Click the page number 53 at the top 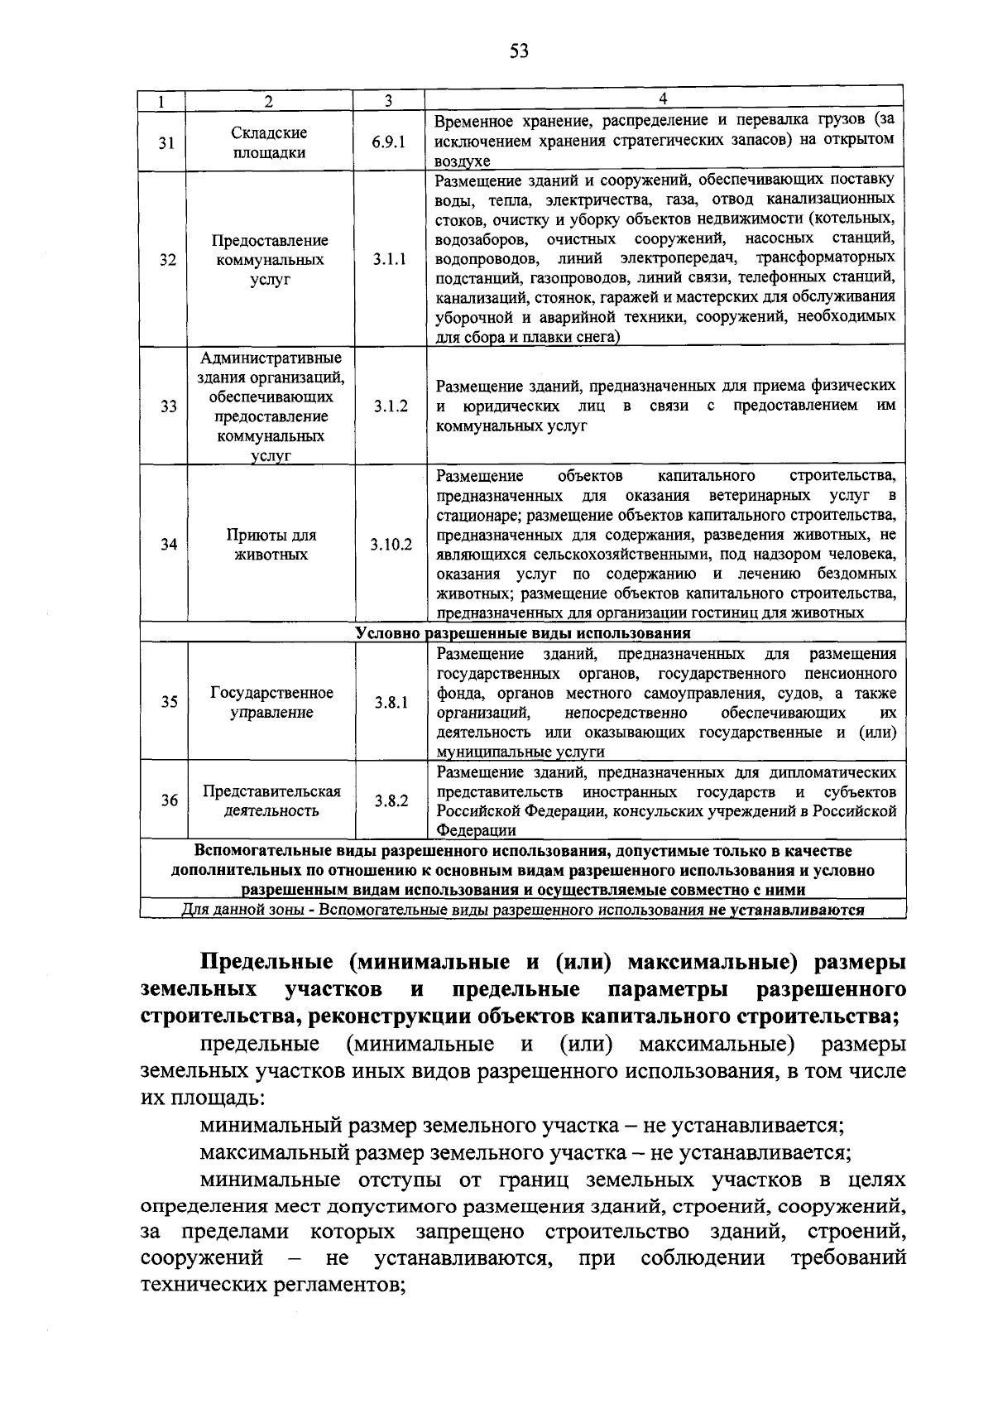(519, 51)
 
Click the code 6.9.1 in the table (389, 142)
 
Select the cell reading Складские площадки (268, 142)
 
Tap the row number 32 (168, 260)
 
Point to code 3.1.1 (389, 260)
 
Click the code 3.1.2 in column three (390, 406)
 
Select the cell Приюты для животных (271, 545)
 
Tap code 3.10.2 (391, 545)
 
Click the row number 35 (169, 702)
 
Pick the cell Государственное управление (271, 702)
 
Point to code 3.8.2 (391, 800)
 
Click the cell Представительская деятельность (271, 800)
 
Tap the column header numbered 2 (268, 101)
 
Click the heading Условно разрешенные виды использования (522, 634)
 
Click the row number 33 (168, 406)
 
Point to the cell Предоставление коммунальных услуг (271, 260)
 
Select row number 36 (169, 800)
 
